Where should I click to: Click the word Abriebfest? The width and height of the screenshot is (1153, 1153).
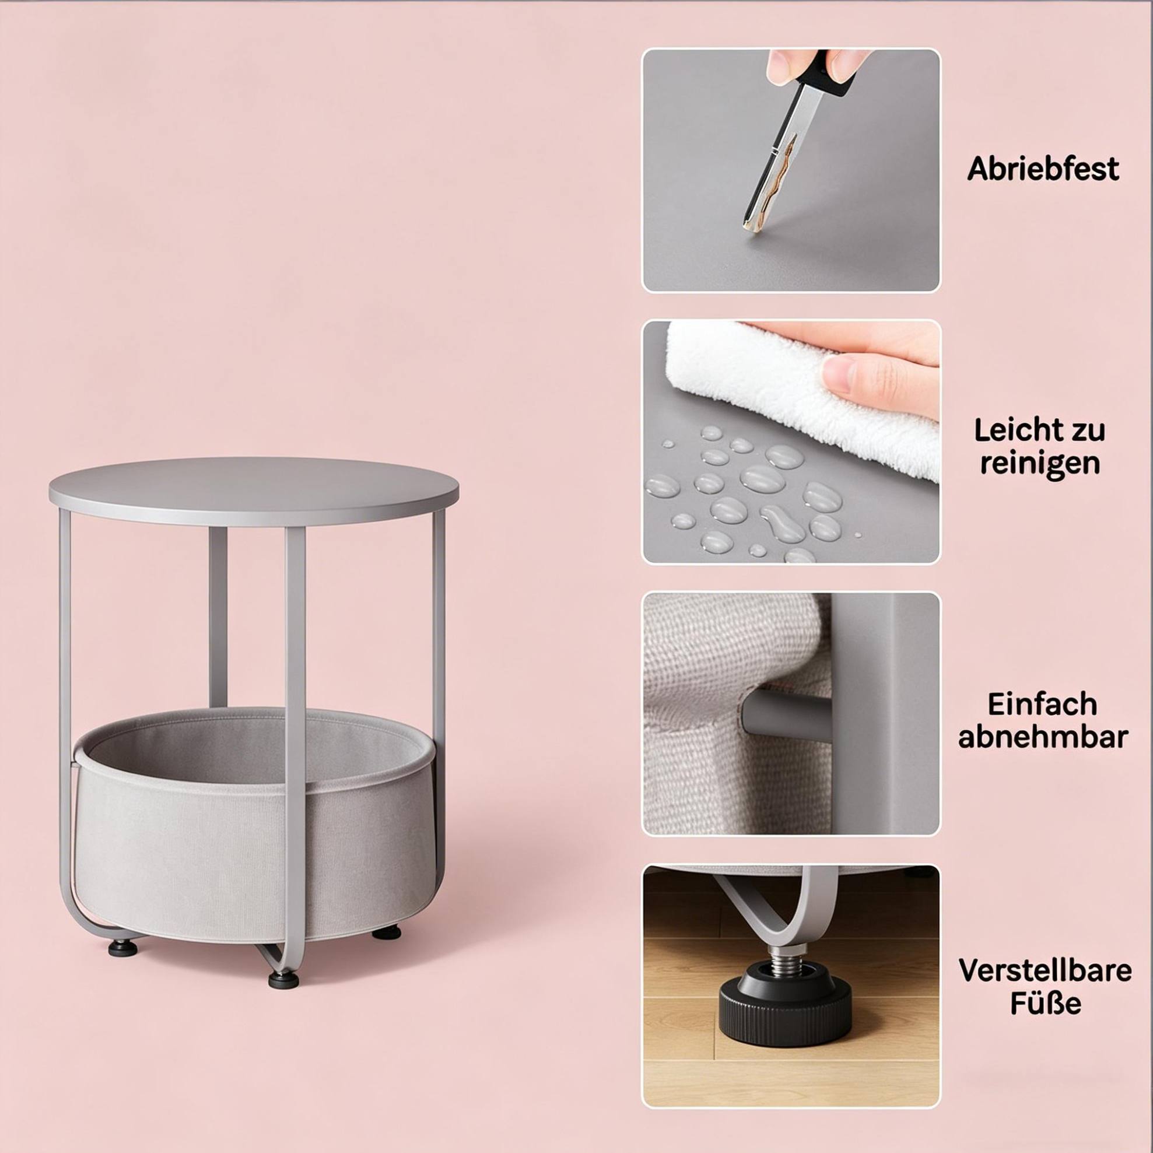[1043, 169]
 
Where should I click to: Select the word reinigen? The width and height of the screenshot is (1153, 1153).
[1040, 464]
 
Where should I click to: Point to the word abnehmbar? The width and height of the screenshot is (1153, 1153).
[1043, 737]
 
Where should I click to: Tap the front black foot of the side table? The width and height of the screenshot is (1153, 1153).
[283, 979]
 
